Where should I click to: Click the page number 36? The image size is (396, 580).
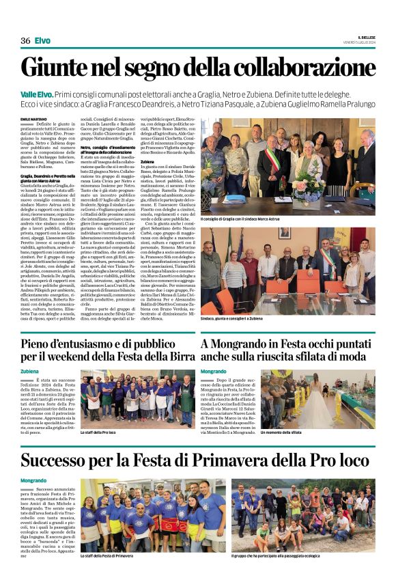(25, 41)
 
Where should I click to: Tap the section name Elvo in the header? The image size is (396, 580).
(42, 41)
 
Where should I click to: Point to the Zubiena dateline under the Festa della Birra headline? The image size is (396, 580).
(30, 371)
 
